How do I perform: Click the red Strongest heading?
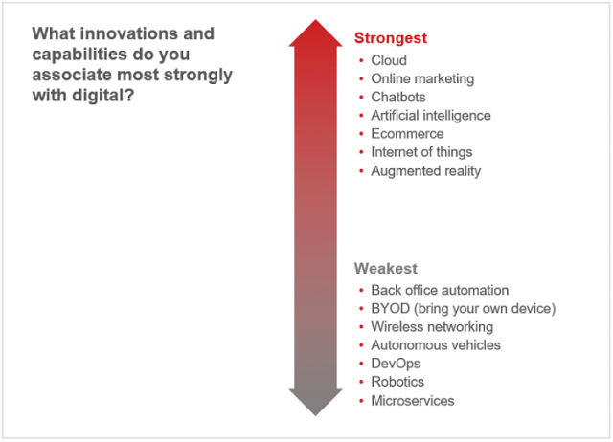tap(391, 38)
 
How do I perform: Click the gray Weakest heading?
tap(386, 269)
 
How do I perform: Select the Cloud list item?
tap(389, 60)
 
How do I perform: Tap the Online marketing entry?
tap(422, 78)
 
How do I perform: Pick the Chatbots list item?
tap(398, 97)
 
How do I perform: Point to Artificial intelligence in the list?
tap(431, 116)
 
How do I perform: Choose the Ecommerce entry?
tap(407, 134)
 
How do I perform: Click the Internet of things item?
tap(421, 152)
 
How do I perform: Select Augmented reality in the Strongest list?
tap(426, 171)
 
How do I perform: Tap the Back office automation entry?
tap(440, 290)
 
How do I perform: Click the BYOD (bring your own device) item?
tap(464, 309)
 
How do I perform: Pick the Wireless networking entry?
tap(432, 327)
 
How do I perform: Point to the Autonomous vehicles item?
tap(436, 345)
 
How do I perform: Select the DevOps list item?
tap(396, 364)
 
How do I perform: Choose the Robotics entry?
tap(397, 382)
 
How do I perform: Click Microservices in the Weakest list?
tap(413, 401)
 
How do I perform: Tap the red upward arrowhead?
tap(315, 34)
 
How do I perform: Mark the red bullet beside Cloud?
tap(361, 60)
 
